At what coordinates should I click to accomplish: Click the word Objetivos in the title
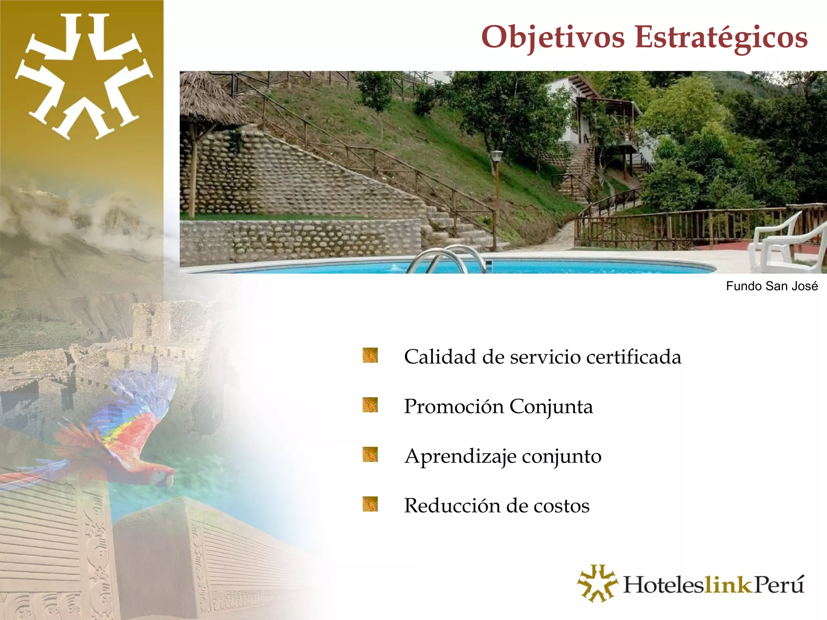click(553, 37)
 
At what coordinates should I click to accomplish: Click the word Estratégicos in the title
click(721, 37)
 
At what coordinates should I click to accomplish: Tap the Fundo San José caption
click(772, 286)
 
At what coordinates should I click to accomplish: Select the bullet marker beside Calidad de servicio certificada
click(370, 355)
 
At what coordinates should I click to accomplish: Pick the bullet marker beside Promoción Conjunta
click(370, 405)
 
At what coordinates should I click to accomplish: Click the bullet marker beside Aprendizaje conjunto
click(370, 455)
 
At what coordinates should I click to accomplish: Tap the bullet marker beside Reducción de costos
click(370, 504)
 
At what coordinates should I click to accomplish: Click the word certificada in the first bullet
click(634, 357)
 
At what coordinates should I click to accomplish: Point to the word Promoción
click(454, 406)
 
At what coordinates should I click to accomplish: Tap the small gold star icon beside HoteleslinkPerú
click(597, 583)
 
